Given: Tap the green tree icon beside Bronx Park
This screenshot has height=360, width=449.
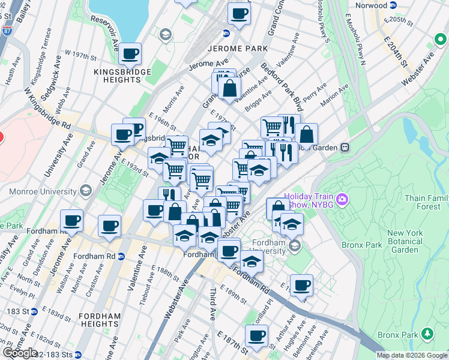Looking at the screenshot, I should pos(427,333).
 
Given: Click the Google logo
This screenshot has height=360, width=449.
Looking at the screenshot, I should pos(20,353).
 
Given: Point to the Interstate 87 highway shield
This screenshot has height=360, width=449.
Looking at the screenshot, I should pos(5,28).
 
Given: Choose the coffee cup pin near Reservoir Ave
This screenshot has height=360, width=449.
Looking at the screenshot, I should pos(130,55).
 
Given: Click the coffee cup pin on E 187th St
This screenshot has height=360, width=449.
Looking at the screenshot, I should pos(257,336).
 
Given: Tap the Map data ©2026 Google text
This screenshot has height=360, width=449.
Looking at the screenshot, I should pos(412,355).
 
